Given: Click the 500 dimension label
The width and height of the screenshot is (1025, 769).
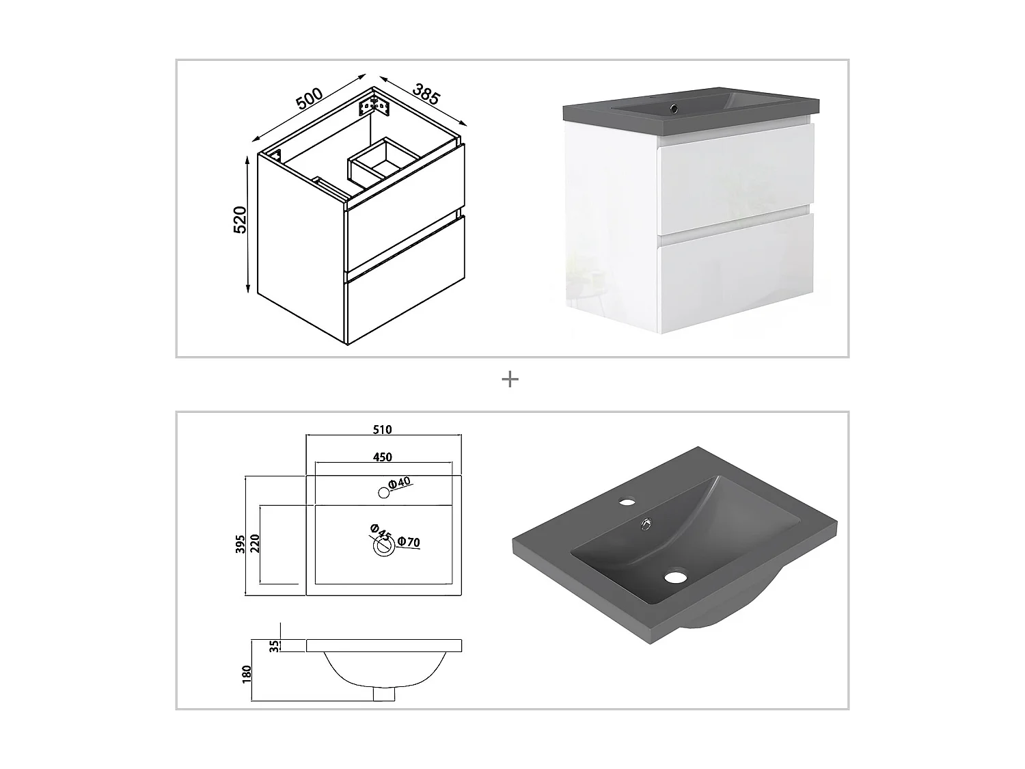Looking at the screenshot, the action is pyautogui.click(x=309, y=98).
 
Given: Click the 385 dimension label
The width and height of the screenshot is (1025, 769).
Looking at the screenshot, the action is pyautogui.click(x=426, y=94).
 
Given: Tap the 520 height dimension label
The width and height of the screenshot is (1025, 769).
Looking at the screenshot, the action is pyautogui.click(x=240, y=219).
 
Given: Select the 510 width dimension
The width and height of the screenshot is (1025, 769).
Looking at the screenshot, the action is pyautogui.click(x=383, y=429).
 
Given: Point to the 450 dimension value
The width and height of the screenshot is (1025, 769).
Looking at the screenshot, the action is pyautogui.click(x=383, y=457).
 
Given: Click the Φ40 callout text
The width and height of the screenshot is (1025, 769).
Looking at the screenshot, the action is pyautogui.click(x=399, y=483).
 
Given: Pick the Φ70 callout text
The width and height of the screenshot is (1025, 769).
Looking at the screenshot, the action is pyautogui.click(x=409, y=542).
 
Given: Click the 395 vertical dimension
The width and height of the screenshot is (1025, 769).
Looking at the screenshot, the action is pyautogui.click(x=240, y=544).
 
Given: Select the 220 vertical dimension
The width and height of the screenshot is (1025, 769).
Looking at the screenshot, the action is pyautogui.click(x=255, y=543).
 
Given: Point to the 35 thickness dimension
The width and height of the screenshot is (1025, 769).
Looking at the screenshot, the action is pyautogui.click(x=274, y=645).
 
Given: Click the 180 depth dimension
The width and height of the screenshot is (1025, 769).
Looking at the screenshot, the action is pyautogui.click(x=247, y=674).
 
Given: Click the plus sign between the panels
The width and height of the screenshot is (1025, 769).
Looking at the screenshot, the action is pyautogui.click(x=510, y=379).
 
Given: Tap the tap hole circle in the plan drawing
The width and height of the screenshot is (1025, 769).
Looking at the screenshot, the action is pyautogui.click(x=383, y=493).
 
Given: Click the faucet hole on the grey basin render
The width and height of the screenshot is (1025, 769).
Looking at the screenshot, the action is pyautogui.click(x=627, y=502).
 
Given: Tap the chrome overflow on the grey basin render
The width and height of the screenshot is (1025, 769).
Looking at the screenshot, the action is pyautogui.click(x=646, y=525).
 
